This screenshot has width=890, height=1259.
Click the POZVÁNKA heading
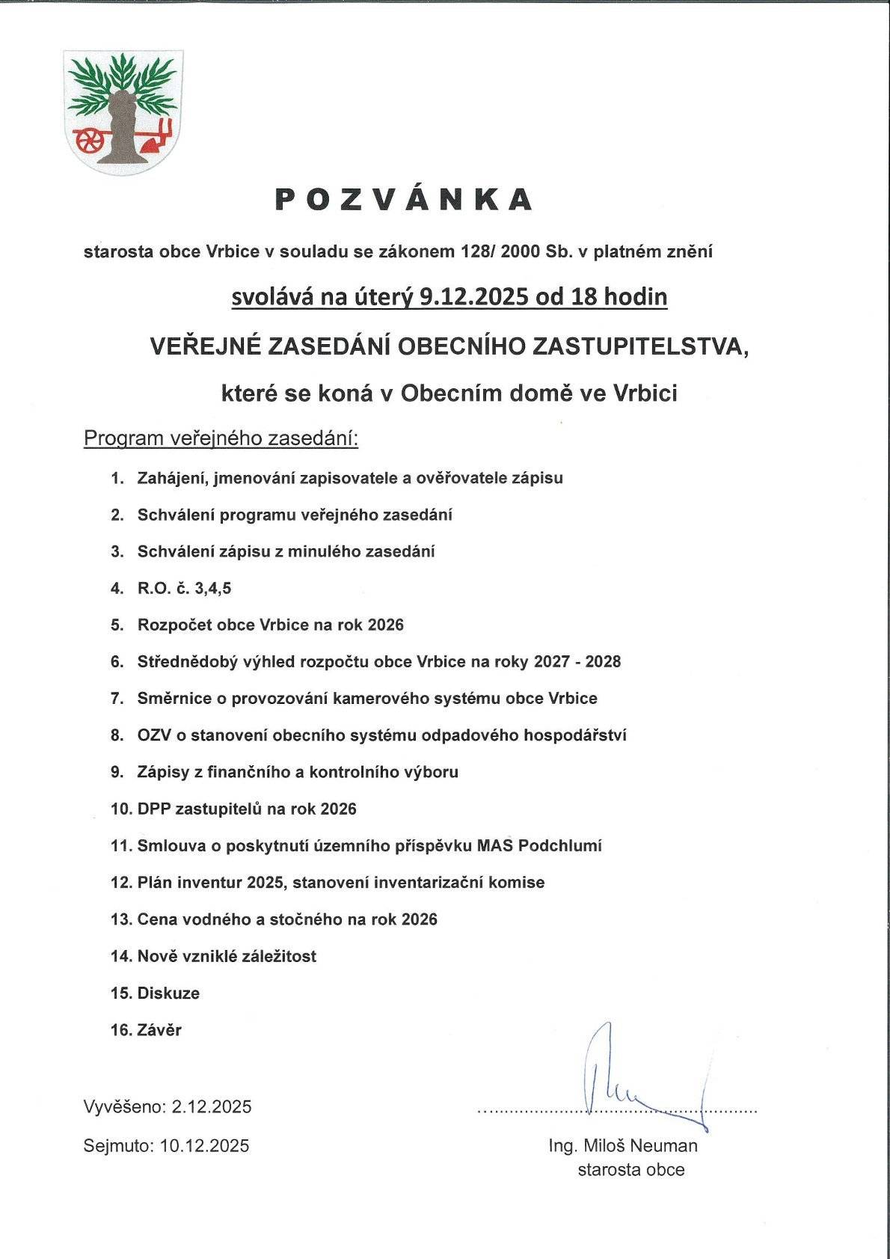[404, 199]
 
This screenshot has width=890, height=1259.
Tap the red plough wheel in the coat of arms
[90, 139]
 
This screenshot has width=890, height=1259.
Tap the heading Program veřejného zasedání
[221, 438]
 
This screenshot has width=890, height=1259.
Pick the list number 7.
[117, 699]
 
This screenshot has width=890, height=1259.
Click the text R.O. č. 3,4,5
[184, 589]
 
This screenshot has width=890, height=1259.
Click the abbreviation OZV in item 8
[154, 735]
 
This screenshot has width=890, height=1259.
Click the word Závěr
[159, 1030]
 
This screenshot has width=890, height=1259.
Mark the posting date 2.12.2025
[212, 1106]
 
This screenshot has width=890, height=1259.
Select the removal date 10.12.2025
[204, 1145]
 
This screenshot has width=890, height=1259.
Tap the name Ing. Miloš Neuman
[622, 1145]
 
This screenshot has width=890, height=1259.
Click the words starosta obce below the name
[630, 1169]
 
